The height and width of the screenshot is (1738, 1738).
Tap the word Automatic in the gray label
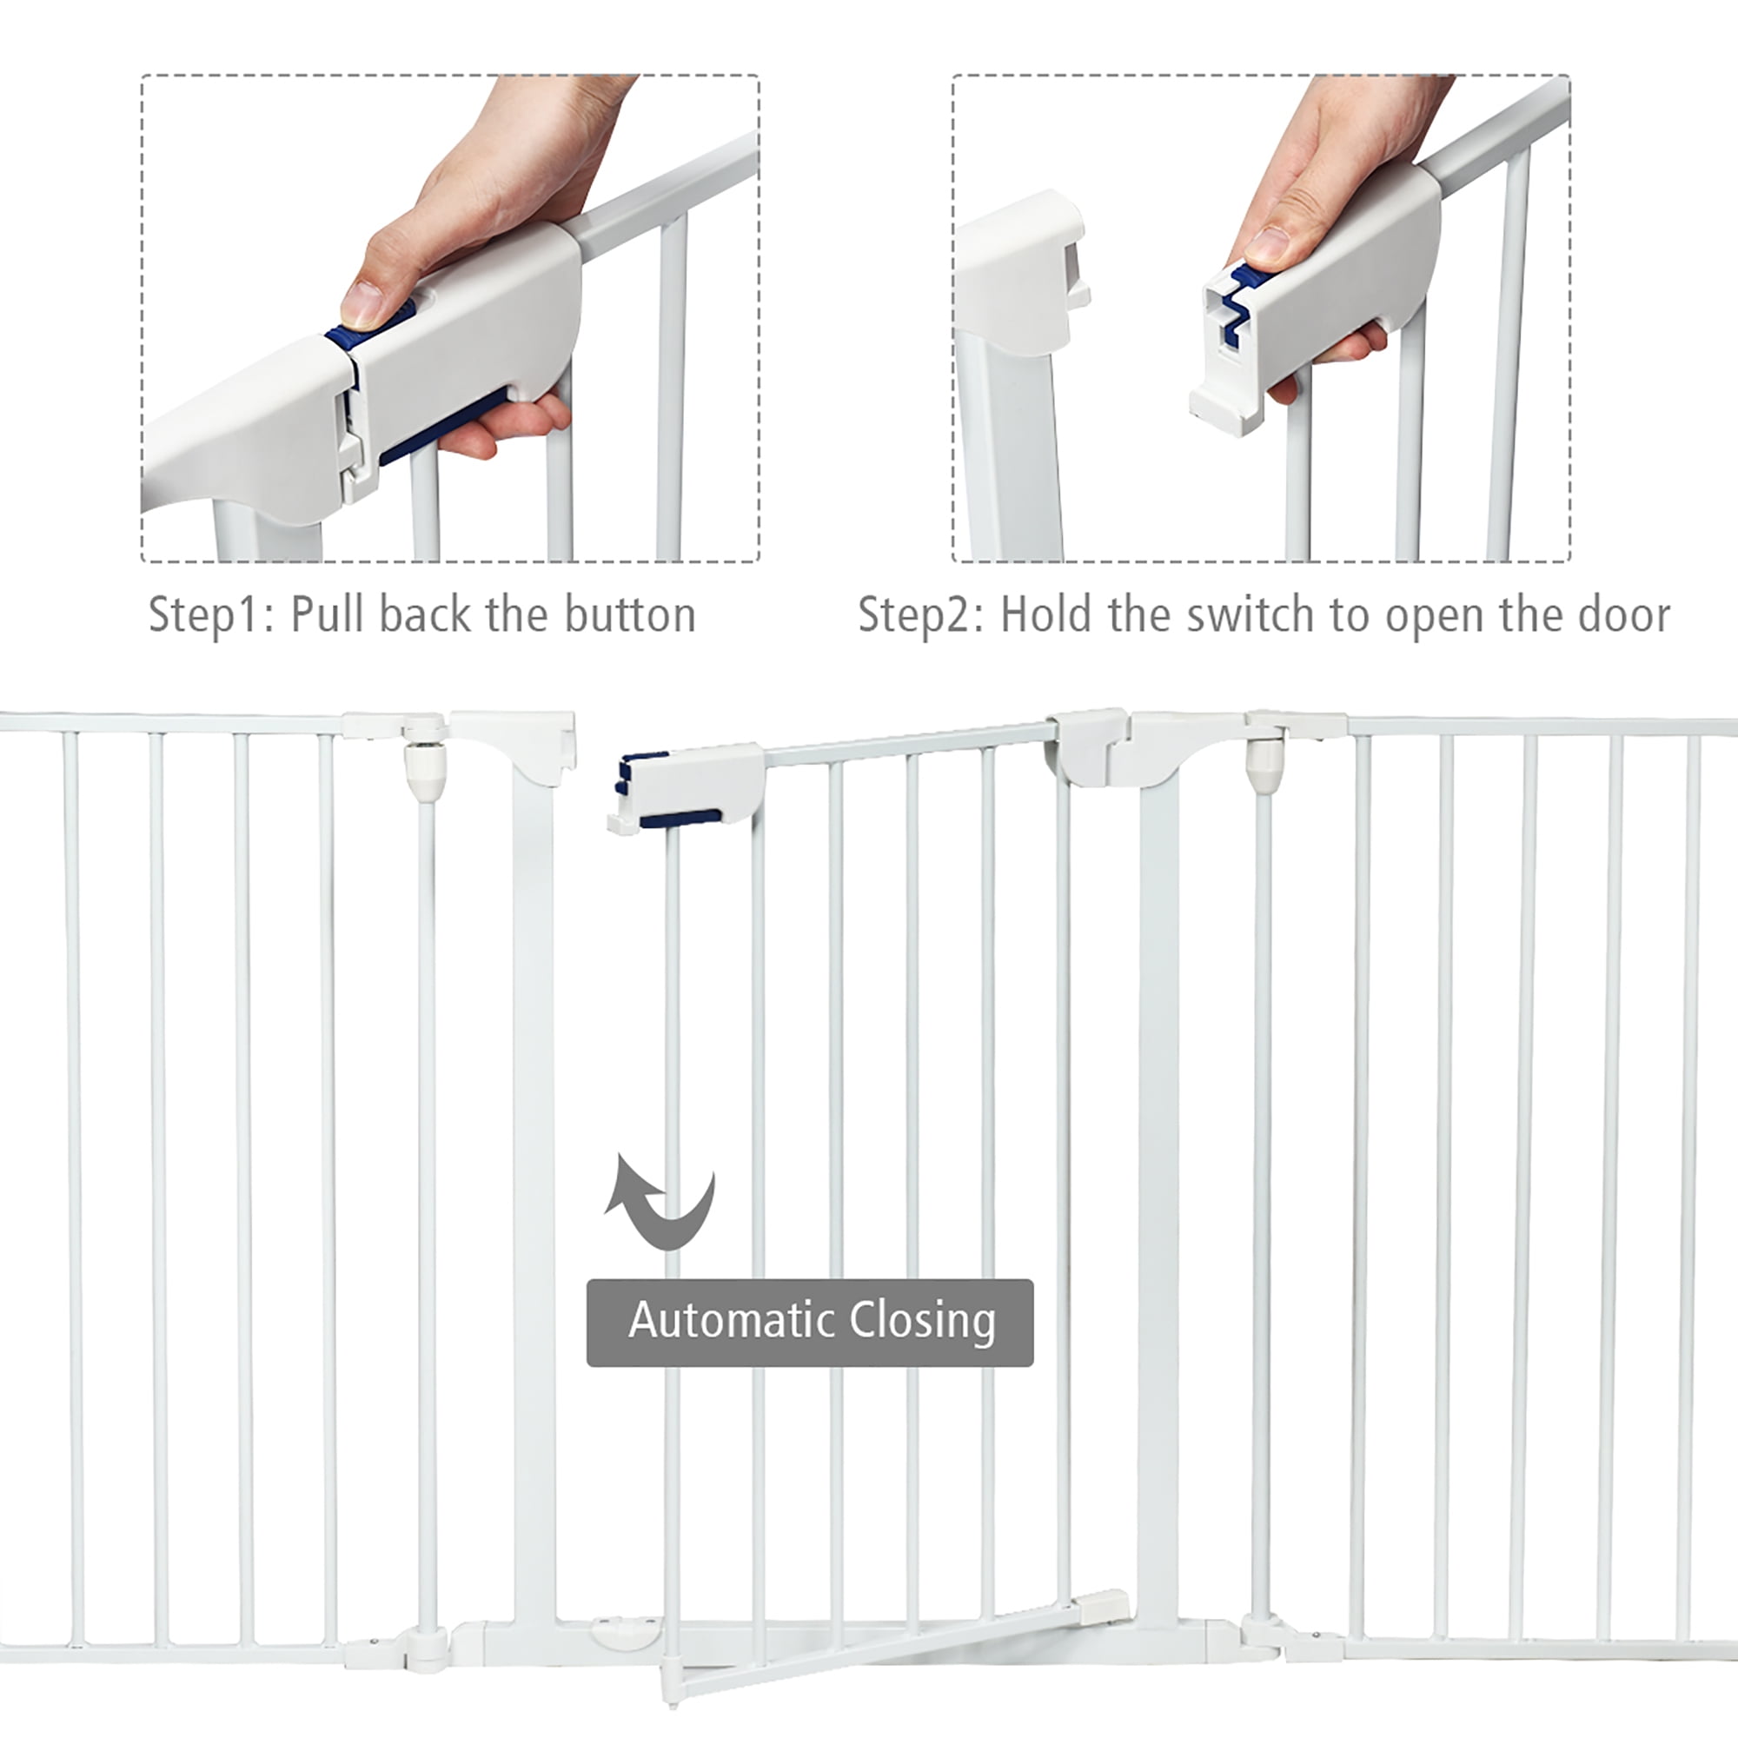click(733, 1321)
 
